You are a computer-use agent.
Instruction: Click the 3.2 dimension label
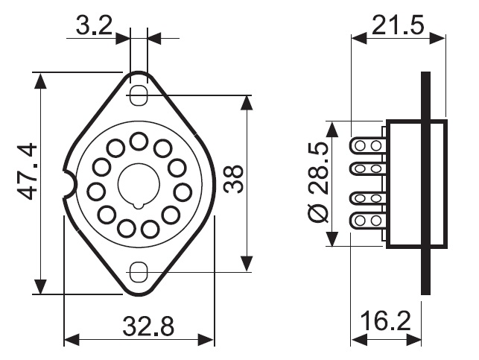[x=94, y=25]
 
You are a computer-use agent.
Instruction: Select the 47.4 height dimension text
[x=27, y=171]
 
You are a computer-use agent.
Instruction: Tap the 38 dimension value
[x=233, y=179]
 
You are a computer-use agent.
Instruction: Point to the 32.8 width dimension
[x=148, y=326]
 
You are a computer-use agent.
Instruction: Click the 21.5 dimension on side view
[x=398, y=25]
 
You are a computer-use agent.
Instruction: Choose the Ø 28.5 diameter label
[x=318, y=183]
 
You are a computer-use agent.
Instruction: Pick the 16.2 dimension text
[x=386, y=320]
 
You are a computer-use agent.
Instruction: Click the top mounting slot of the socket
[x=139, y=95]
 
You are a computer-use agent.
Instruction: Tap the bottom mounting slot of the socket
[x=139, y=272]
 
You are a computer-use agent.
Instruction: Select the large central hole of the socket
[x=139, y=183]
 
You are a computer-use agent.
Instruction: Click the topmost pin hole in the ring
[x=139, y=141]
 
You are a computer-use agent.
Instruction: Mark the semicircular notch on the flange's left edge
[x=71, y=183]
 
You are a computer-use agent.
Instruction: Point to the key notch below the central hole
[x=139, y=206]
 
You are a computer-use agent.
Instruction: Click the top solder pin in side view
[x=367, y=145]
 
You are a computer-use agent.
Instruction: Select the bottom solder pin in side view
[x=367, y=221]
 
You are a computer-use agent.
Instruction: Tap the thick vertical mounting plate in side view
[x=425, y=183]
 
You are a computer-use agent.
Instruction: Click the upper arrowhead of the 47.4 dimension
[x=40, y=80]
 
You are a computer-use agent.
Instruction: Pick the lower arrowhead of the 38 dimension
[x=247, y=264]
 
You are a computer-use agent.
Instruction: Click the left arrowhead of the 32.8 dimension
[x=72, y=340]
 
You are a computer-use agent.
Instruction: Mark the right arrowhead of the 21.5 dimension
[x=437, y=38]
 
